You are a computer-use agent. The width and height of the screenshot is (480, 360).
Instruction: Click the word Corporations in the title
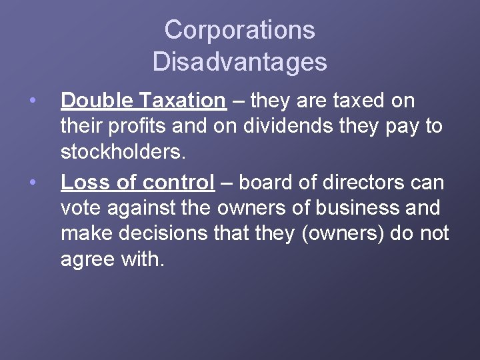point(239,30)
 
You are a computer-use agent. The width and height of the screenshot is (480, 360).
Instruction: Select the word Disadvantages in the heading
point(239,62)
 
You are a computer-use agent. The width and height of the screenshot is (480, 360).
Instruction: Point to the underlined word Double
point(97,101)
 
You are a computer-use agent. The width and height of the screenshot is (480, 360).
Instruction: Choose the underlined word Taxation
point(183,101)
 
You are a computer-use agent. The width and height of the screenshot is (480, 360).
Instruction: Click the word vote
point(81,208)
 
